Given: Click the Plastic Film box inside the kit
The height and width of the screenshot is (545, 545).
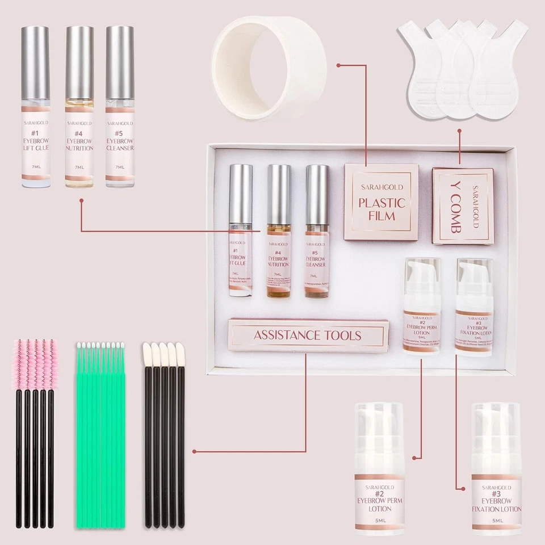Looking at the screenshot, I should [x=381, y=202].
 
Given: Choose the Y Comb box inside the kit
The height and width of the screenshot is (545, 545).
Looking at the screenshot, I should [x=462, y=206].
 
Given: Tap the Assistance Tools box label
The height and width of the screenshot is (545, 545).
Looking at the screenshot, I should [x=307, y=335].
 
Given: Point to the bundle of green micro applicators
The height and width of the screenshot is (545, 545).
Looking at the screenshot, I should [x=100, y=431].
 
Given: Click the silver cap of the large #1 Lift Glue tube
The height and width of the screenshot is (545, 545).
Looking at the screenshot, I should [x=36, y=62].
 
